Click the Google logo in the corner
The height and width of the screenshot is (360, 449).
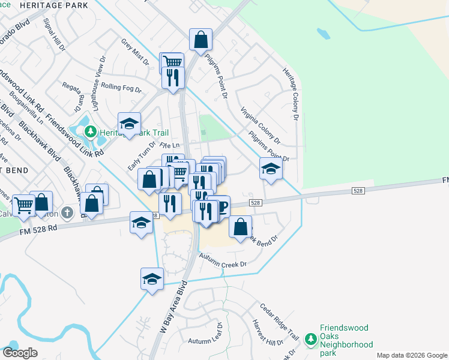pos(20,353)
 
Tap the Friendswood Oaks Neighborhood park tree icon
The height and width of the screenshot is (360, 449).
pos(310,340)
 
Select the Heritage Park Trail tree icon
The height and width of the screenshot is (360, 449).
pos(90,131)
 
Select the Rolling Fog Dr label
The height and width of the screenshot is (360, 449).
pos(121,88)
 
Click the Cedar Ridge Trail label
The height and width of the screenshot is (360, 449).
pos(279,322)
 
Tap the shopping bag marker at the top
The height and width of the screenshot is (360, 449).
pos(200,40)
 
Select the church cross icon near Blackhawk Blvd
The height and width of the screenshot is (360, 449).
pos(67,213)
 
